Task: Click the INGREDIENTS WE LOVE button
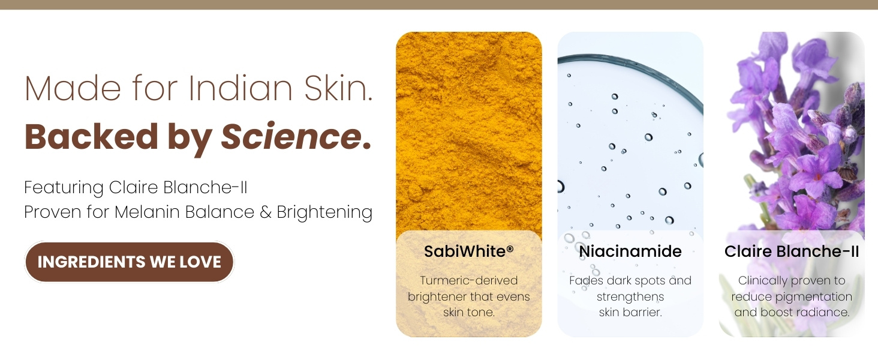pyautogui.click(x=129, y=262)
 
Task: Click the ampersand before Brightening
pyautogui.click(x=266, y=212)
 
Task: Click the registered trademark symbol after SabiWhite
pyautogui.click(x=510, y=248)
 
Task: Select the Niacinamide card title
pyautogui.click(x=630, y=251)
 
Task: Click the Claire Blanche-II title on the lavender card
pyautogui.click(x=792, y=251)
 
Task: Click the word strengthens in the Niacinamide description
pyautogui.click(x=630, y=296)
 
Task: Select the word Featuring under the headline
pyautogui.click(x=64, y=188)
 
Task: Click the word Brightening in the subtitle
pyautogui.click(x=324, y=212)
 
